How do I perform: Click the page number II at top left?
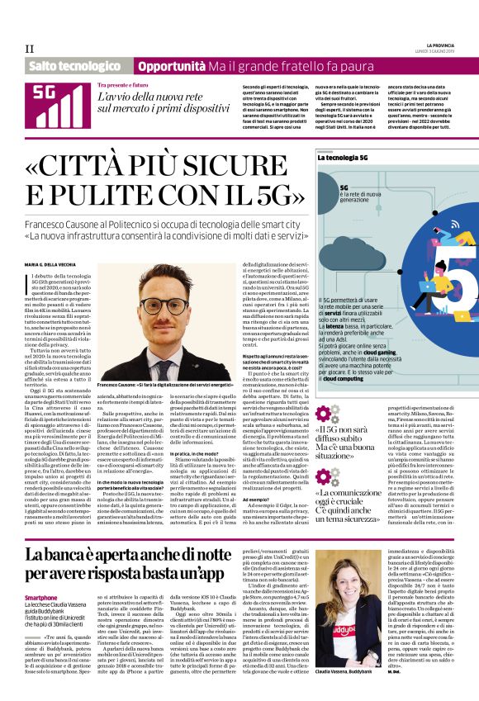coord(29,50)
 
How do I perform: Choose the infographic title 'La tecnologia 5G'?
coord(347,158)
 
